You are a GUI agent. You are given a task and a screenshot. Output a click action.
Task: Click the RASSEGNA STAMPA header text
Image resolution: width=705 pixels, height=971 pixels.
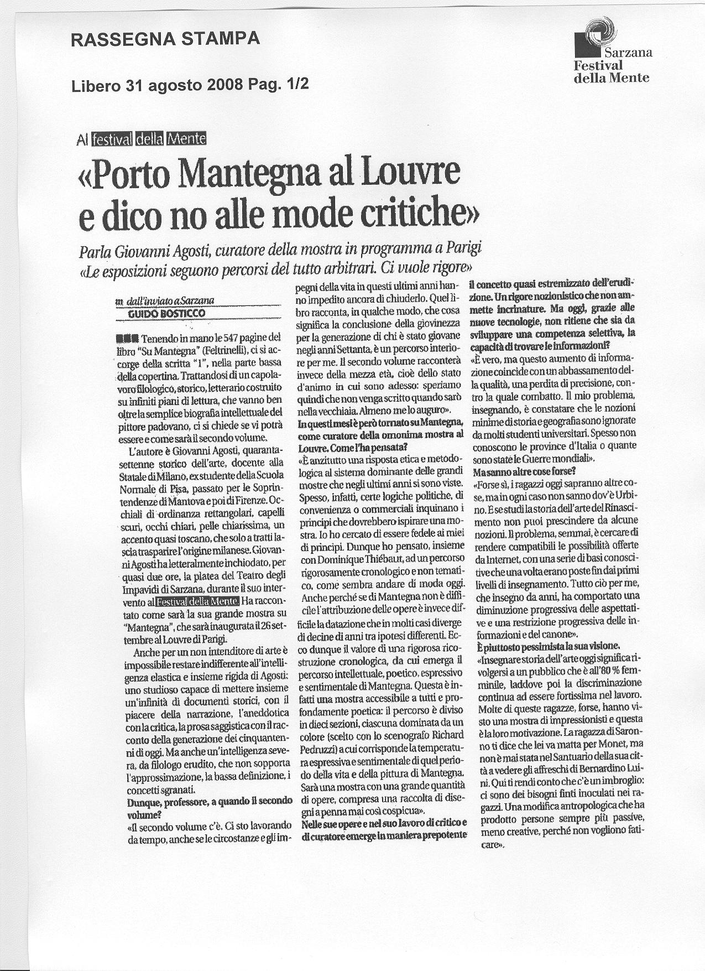pos(166,39)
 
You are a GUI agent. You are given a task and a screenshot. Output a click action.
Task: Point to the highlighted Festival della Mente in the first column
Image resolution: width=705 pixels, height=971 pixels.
pos(197,601)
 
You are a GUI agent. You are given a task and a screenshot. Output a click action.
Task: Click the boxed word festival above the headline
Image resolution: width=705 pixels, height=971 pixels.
pos(112,139)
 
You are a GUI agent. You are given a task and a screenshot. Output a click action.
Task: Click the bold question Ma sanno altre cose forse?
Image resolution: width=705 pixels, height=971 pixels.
pos(524,472)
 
